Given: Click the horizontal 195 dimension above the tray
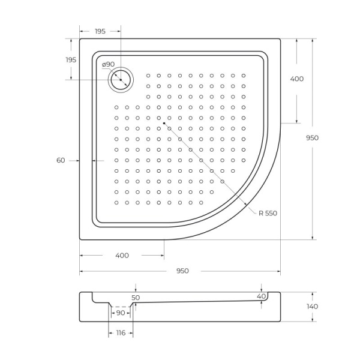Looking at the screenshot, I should tap(100, 31).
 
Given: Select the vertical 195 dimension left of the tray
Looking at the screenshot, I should tap(71, 59).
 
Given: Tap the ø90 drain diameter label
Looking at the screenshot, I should tap(108, 64).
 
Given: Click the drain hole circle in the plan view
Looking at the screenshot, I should tap(121, 79).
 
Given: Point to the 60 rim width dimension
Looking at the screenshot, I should tap(61, 160).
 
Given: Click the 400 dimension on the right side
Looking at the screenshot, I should tap(296, 79).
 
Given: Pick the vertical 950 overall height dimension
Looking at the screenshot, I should tap(312, 137).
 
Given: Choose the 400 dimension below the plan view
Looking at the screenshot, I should tap(122, 256).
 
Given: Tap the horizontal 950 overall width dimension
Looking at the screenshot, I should tap(182, 271).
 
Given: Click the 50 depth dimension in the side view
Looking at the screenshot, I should tap(136, 297).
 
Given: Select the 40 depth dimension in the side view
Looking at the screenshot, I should tap(261, 296).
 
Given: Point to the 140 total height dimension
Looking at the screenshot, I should tap(312, 307).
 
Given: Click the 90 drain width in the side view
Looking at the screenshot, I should tap(121, 313).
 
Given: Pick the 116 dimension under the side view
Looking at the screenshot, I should tap(120, 332).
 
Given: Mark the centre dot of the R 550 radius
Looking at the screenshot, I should tap(164, 123).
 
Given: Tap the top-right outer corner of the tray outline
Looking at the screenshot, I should tap(280, 39).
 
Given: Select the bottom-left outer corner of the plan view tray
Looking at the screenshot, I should tap(80, 239).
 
